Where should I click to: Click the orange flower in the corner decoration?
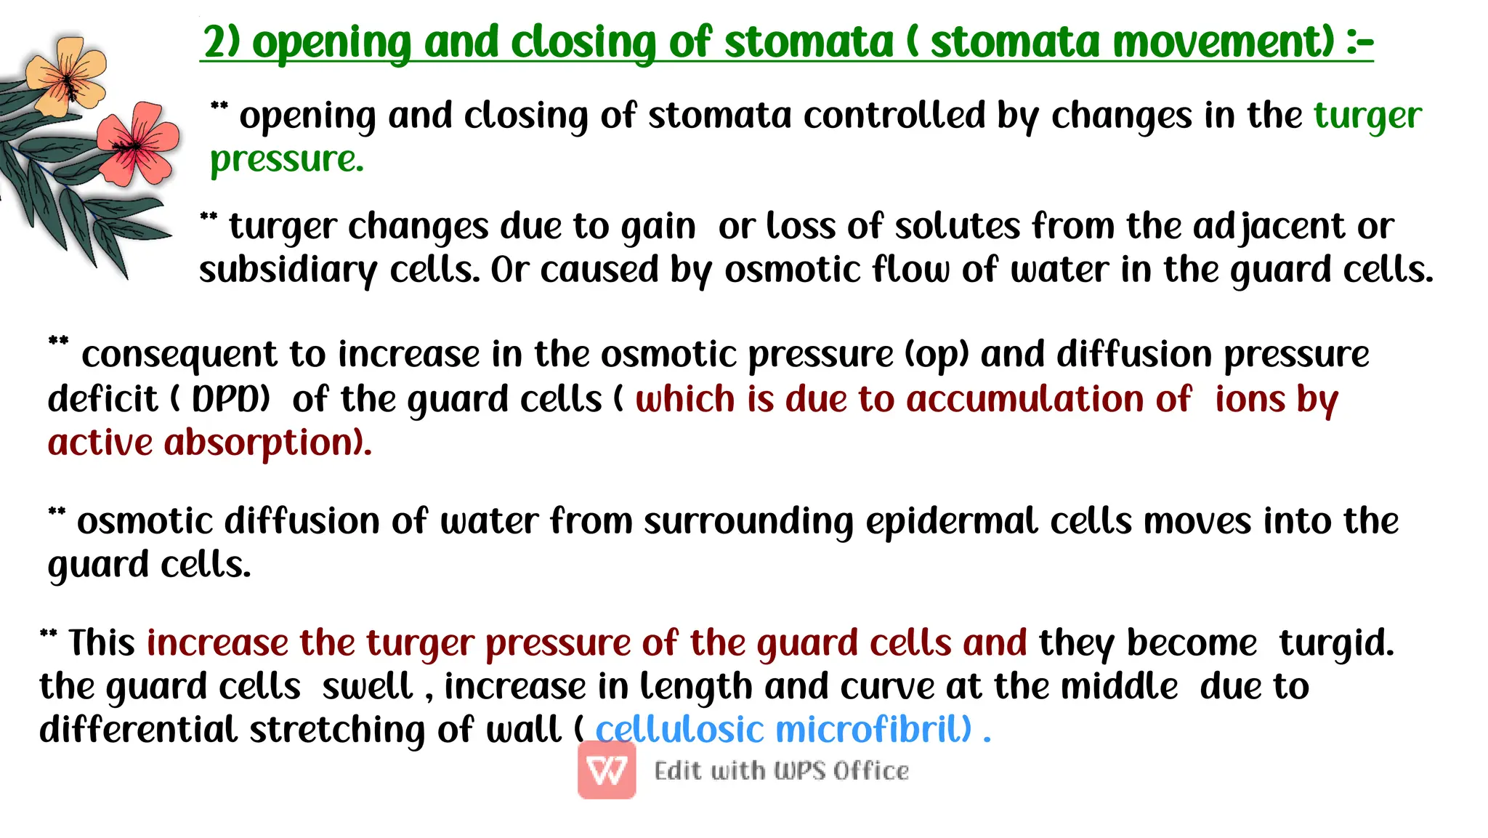pyautogui.click(x=66, y=76)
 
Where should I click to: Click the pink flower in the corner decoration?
pyautogui.click(x=138, y=144)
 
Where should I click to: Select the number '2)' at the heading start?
pyautogui.click(x=222, y=41)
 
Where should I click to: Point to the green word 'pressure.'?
pyautogui.click(x=287, y=159)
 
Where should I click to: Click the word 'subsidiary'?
pyautogui.click(x=288, y=270)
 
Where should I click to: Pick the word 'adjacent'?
pyautogui.click(x=1269, y=226)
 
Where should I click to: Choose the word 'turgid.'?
pyautogui.click(x=1337, y=643)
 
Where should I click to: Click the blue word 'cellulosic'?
pyautogui.click(x=680, y=730)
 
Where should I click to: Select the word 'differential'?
pyautogui.click(x=138, y=730)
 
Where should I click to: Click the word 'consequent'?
pyautogui.click(x=179, y=355)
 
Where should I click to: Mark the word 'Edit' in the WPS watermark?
pyautogui.click(x=677, y=770)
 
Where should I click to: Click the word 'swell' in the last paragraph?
pyautogui.click(x=368, y=687)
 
